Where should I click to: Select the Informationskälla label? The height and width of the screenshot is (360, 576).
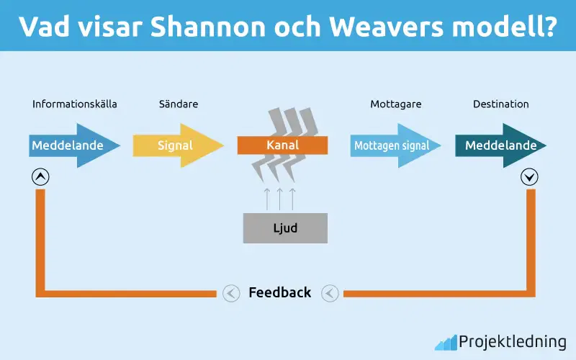tap(75, 104)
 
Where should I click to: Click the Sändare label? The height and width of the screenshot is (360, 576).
tap(179, 104)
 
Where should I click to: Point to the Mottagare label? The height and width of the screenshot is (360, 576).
tap(396, 104)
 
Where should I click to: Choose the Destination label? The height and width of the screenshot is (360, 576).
tap(501, 104)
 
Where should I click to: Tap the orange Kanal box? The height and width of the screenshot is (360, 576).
tap(282, 145)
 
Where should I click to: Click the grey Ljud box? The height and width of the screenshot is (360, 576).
tap(285, 228)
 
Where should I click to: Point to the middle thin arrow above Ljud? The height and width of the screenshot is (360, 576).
tap(279, 198)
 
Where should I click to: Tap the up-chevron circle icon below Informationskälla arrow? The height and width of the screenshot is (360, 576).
tap(41, 176)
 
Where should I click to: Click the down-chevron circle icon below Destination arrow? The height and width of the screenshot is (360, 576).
tap(531, 176)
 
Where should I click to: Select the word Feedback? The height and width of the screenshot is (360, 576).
tap(280, 292)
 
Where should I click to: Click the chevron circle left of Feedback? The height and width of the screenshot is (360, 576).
tap(230, 293)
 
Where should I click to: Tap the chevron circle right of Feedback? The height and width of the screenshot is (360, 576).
tap(330, 293)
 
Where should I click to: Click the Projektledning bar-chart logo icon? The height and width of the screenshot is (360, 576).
tap(446, 342)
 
